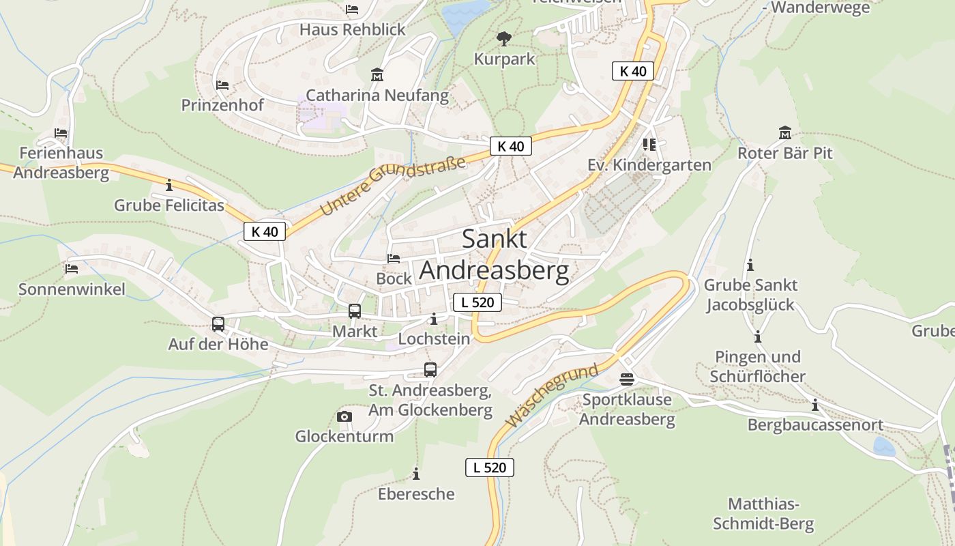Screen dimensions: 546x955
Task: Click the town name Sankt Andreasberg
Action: click(495, 255)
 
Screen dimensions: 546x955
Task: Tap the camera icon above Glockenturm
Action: click(344, 416)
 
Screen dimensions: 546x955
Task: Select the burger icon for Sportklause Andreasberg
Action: click(627, 379)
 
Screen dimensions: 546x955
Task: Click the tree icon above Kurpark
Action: click(504, 38)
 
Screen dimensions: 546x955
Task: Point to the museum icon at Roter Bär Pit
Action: click(784, 132)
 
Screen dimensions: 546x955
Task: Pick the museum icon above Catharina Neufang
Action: click(377, 74)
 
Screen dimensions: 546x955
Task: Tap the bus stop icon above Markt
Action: click(355, 311)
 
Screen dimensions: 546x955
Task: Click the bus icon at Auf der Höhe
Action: click(218, 324)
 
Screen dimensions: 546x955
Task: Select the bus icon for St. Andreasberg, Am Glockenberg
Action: click(430, 370)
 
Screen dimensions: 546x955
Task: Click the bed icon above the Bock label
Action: click(394, 259)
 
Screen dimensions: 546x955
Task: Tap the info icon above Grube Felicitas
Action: click(169, 185)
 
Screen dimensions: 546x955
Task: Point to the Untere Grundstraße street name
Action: click(393, 185)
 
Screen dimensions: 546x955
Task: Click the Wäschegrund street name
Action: click(553, 396)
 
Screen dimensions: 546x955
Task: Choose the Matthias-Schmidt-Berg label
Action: click(763, 514)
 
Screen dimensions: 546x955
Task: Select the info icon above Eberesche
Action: click(416, 474)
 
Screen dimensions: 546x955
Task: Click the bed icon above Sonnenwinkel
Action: click(72, 268)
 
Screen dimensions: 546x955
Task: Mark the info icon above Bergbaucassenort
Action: click(814, 405)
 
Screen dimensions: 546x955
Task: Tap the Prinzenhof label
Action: click(222, 105)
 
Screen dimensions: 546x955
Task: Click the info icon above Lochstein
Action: click(434, 319)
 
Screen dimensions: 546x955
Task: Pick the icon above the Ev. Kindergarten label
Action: click(649, 145)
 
